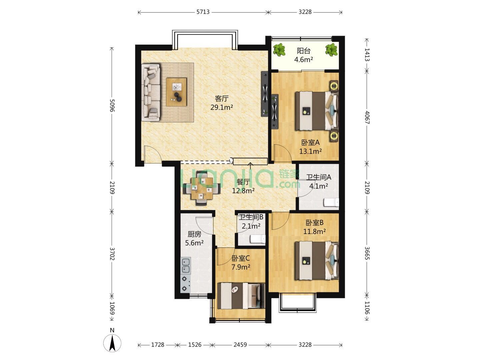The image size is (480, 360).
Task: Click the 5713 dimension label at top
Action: point(203,12)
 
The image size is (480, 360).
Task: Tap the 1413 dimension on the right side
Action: point(367,55)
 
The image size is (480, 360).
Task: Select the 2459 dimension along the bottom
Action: point(240,345)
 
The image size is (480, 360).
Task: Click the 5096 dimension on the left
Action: point(112,105)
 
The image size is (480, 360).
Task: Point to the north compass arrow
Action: point(112,343)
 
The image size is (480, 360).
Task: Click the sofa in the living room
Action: point(151,92)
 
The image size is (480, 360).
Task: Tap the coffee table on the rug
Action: point(176,92)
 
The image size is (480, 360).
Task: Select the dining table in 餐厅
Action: point(202,188)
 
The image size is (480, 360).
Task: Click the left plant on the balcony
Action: point(279,50)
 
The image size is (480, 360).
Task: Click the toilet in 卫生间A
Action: point(331,202)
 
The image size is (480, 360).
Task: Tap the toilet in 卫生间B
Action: point(258,239)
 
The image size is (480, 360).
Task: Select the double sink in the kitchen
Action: point(185,266)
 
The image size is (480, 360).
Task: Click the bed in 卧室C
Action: point(241,296)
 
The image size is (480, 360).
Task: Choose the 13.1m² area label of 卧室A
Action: point(310,151)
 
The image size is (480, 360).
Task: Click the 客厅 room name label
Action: point(222,99)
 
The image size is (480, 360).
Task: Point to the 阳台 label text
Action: point(304,51)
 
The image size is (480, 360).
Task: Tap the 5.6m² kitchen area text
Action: point(194,243)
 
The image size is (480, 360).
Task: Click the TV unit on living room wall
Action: point(265,94)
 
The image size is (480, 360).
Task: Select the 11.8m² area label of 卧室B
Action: point(314,231)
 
